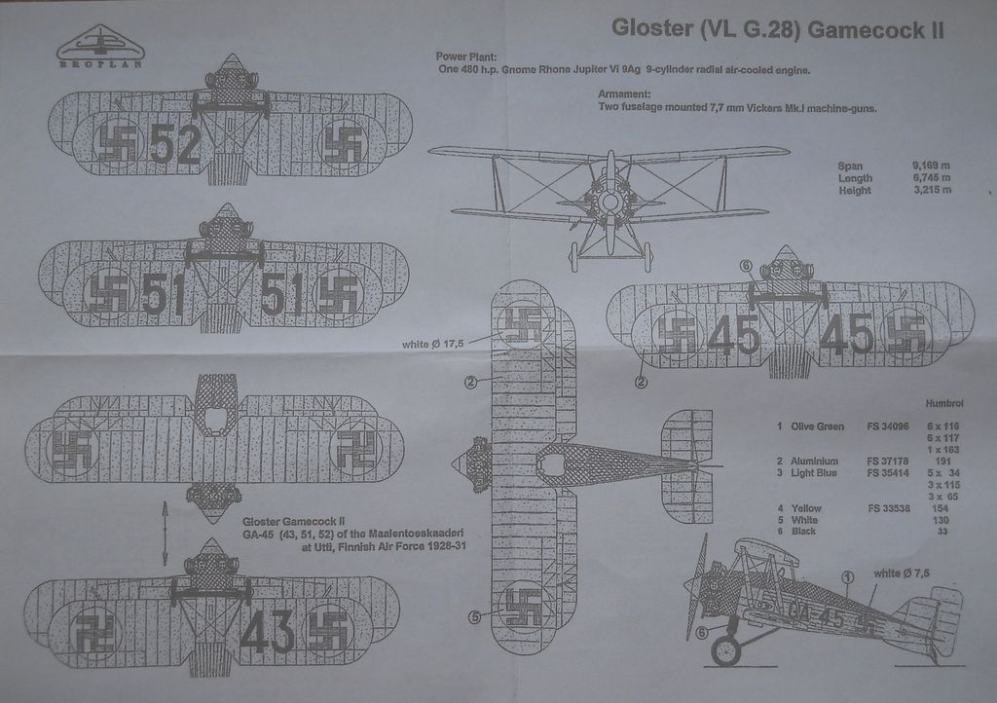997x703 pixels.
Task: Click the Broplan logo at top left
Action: pos(97,48)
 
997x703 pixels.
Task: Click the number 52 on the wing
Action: pos(176,145)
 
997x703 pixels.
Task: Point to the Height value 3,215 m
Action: pos(931,191)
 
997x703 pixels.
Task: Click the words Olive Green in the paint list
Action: pos(817,426)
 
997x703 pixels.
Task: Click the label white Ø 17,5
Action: pos(432,344)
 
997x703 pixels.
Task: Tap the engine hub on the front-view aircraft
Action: pos(609,202)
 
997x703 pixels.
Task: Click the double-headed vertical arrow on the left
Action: pos(164,533)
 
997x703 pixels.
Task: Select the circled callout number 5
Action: pos(474,614)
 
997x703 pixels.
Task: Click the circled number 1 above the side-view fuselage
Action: pos(848,577)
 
